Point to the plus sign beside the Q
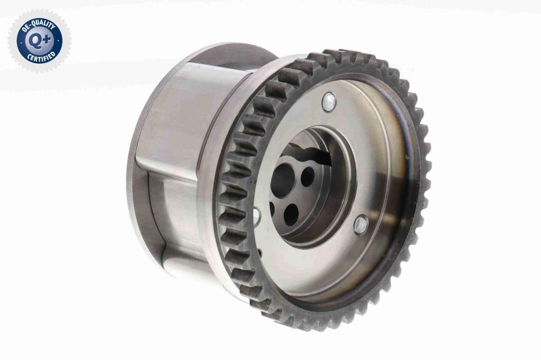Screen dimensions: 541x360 [46, 40]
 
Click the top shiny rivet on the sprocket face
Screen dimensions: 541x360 [329, 102]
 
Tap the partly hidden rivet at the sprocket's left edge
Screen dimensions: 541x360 [257, 217]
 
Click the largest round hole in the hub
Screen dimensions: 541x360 [282, 181]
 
